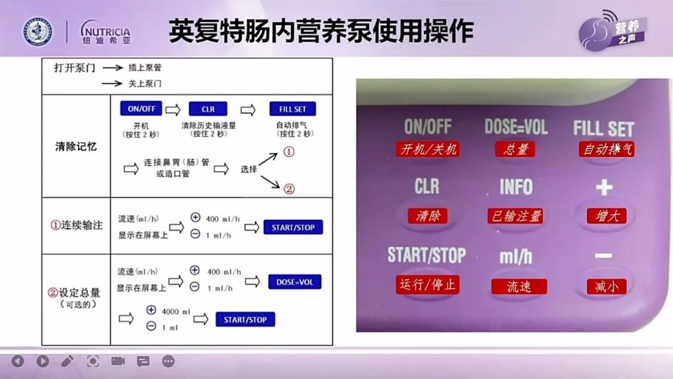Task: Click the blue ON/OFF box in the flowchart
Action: click(141, 108)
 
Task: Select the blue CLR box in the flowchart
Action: click(208, 108)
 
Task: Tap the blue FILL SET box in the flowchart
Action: click(293, 108)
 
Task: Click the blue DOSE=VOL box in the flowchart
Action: click(295, 282)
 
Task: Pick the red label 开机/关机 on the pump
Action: click(428, 149)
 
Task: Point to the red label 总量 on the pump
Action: click(515, 149)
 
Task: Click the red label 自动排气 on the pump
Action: click(607, 149)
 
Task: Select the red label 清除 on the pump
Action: click(427, 216)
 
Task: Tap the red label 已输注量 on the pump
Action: click(517, 216)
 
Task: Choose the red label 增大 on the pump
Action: click(606, 216)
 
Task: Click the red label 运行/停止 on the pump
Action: click(427, 284)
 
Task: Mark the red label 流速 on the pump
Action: click(518, 286)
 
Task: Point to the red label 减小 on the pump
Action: click(606, 286)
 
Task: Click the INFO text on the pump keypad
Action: click(516, 186)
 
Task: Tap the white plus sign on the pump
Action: click(604, 187)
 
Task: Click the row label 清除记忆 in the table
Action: click(76, 147)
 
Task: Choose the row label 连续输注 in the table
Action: click(76, 225)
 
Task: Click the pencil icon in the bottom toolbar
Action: click(67, 360)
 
